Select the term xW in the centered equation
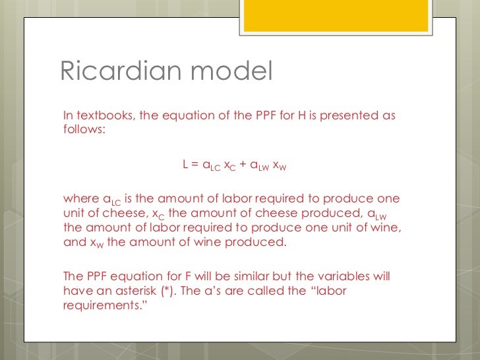coord(279,165)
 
